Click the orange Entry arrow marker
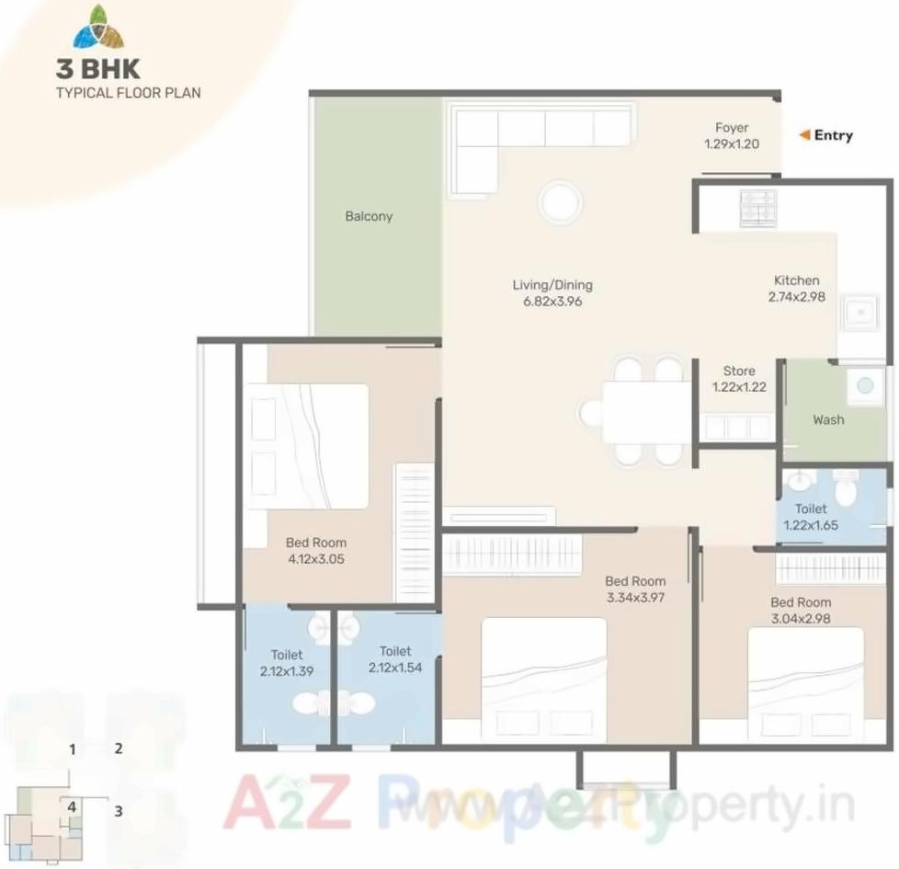pyautogui.click(x=804, y=135)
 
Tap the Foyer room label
pyautogui.click(x=732, y=128)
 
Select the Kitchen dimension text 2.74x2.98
pyautogui.click(x=796, y=296)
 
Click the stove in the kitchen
pyautogui.click(x=757, y=208)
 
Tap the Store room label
pyautogui.click(x=738, y=372)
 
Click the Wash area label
pyautogui.click(x=827, y=419)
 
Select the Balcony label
pyautogui.click(x=369, y=216)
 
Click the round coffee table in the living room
pyautogui.click(x=560, y=202)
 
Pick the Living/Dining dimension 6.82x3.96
pyautogui.click(x=552, y=301)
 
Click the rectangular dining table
pyautogui.click(x=646, y=412)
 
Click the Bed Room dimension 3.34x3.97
pyautogui.click(x=635, y=597)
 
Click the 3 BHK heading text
pyautogui.click(x=97, y=70)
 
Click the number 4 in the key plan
pyautogui.click(x=71, y=806)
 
